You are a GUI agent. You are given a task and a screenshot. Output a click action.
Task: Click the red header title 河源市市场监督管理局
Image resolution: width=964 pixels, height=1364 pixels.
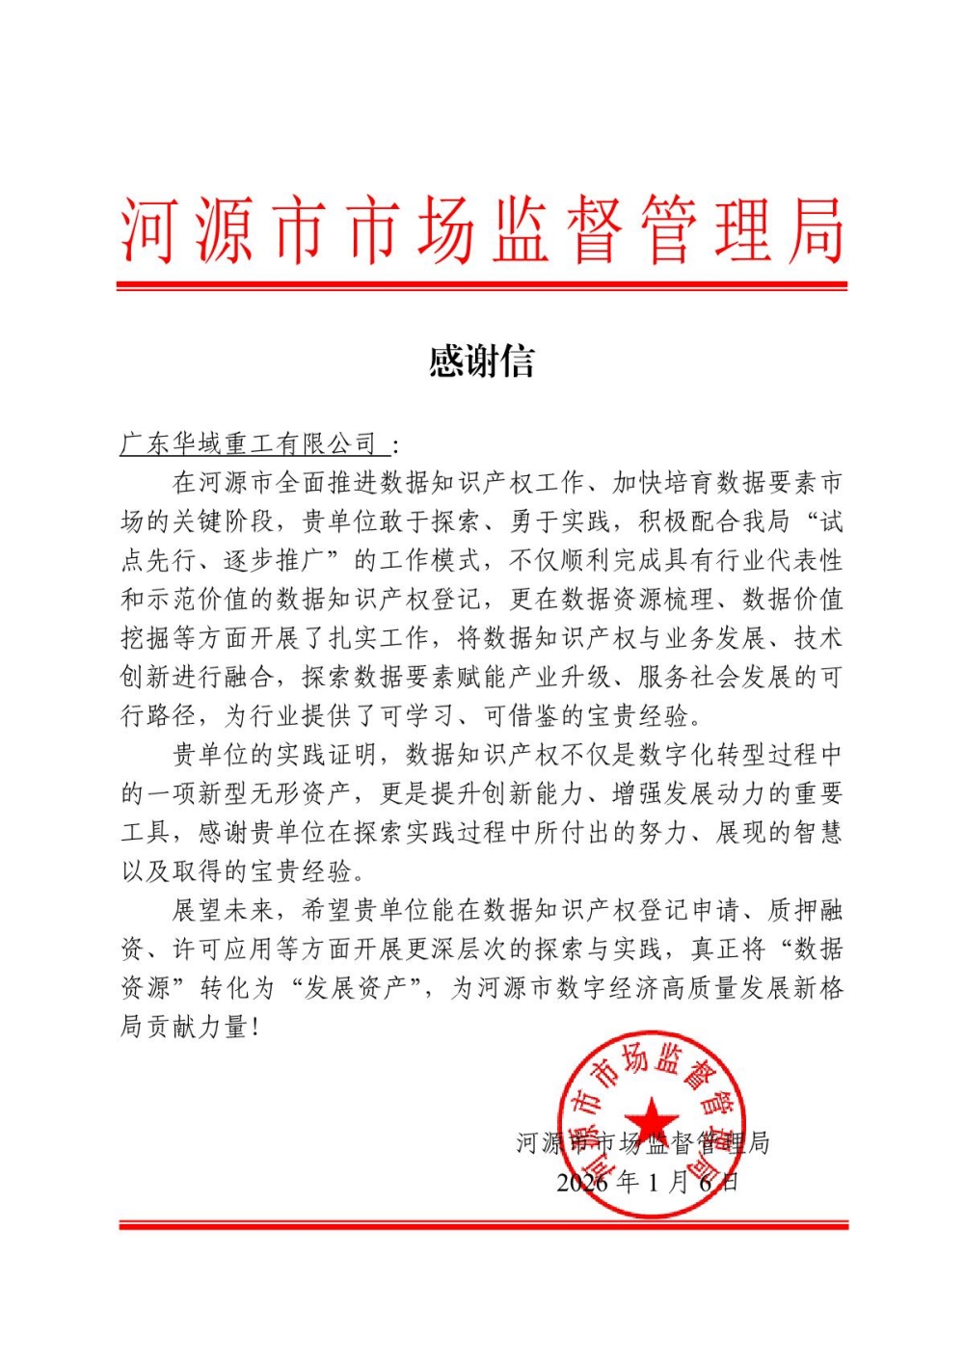(x=482, y=231)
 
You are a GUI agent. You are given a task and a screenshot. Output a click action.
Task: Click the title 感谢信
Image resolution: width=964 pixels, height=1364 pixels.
(x=481, y=361)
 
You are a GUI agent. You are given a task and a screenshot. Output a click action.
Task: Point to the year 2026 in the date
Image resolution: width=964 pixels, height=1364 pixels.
(x=582, y=1182)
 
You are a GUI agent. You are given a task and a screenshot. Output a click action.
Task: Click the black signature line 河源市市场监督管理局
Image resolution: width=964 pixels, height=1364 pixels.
(x=643, y=1143)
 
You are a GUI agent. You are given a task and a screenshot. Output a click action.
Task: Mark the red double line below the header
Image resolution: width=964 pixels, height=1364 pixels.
(x=482, y=286)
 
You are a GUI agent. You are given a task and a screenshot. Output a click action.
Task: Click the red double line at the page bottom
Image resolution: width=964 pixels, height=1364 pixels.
(x=482, y=1225)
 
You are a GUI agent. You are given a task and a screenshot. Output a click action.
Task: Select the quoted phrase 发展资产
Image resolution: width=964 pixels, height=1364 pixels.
(x=354, y=988)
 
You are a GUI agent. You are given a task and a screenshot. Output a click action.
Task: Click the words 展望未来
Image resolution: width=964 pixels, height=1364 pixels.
(x=224, y=911)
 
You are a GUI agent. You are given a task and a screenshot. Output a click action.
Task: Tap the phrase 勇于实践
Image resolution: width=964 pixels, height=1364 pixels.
(x=560, y=522)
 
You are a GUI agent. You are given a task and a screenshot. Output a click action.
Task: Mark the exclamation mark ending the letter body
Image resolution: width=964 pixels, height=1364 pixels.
(x=255, y=1028)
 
